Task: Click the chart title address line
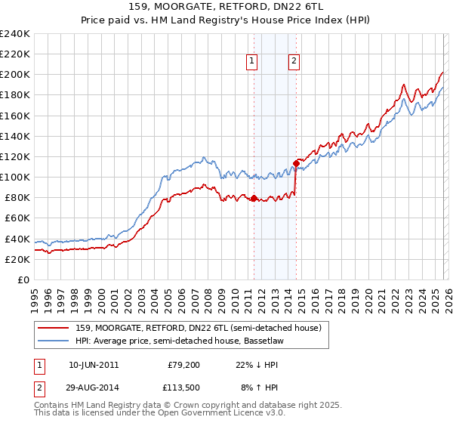[x=226, y=7]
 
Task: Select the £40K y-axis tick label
[x=17, y=239]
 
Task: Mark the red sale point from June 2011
[x=254, y=199]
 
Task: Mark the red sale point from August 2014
[x=297, y=163]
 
